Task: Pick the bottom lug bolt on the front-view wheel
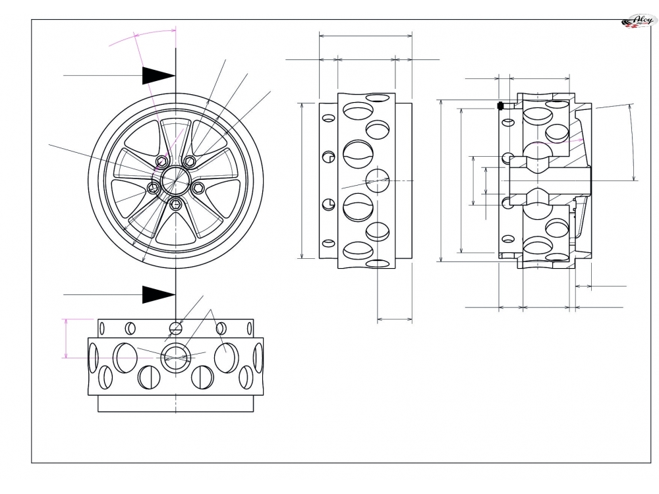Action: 175,205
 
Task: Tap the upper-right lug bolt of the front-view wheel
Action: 190,161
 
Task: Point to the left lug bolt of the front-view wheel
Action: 153,188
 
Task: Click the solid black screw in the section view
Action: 501,105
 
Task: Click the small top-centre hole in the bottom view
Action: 175,327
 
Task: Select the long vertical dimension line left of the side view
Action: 302,180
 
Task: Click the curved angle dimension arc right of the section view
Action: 633,142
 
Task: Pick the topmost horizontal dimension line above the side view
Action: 366,36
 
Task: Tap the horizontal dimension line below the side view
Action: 395,320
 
